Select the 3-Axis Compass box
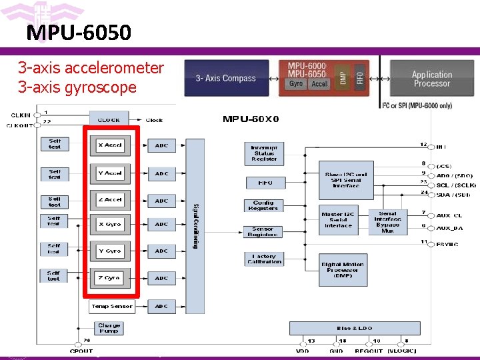pos(225,79)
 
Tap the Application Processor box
pos(431,79)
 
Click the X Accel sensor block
pos(110,145)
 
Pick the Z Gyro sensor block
pos(110,278)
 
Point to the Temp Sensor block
pos(112,306)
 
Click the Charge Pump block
pos(109,329)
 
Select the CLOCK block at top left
pos(109,120)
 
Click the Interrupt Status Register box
pos(264,153)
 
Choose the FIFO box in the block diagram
pos(264,183)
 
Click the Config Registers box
pos(264,206)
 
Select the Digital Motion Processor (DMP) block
pos(343,269)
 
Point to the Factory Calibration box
pos(264,259)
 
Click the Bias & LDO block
pos(355,328)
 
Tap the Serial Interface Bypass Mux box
pos(387,221)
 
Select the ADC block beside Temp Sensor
pos(161,306)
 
